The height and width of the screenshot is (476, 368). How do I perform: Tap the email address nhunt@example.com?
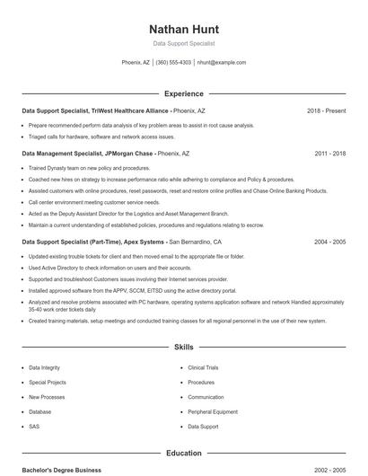(x=221, y=63)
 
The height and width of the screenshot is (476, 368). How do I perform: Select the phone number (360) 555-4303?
(x=173, y=63)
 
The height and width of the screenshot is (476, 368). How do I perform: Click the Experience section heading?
(x=183, y=93)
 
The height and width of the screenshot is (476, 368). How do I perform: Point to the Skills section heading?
(x=183, y=347)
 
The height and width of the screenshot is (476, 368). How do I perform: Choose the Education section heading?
(x=183, y=454)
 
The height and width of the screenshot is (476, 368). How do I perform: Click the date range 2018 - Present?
(x=326, y=110)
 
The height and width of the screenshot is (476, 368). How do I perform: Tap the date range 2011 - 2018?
(x=329, y=154)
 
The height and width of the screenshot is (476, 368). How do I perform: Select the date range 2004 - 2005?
(x=329, y=242)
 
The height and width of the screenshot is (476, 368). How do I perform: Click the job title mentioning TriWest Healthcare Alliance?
(x=113, y=110)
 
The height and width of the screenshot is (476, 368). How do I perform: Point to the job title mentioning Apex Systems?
(x=121, y=242)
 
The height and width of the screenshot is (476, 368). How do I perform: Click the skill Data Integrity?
(x=44, y=368)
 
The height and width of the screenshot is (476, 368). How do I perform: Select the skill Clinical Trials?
(x=203, y=368)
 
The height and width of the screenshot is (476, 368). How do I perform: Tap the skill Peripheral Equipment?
(x=212, y=411)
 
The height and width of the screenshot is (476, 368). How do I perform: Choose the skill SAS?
(x=34, y=427)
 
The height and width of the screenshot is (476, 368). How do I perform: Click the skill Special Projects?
(x=47, y=383)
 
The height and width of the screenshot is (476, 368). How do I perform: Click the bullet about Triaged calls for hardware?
(x=101, y=137)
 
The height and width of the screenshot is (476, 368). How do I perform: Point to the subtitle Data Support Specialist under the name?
(x=183, y=43)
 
